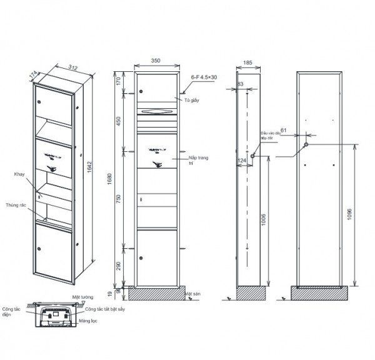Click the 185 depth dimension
[x=248, y=64]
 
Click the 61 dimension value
[x=283, y=131]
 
